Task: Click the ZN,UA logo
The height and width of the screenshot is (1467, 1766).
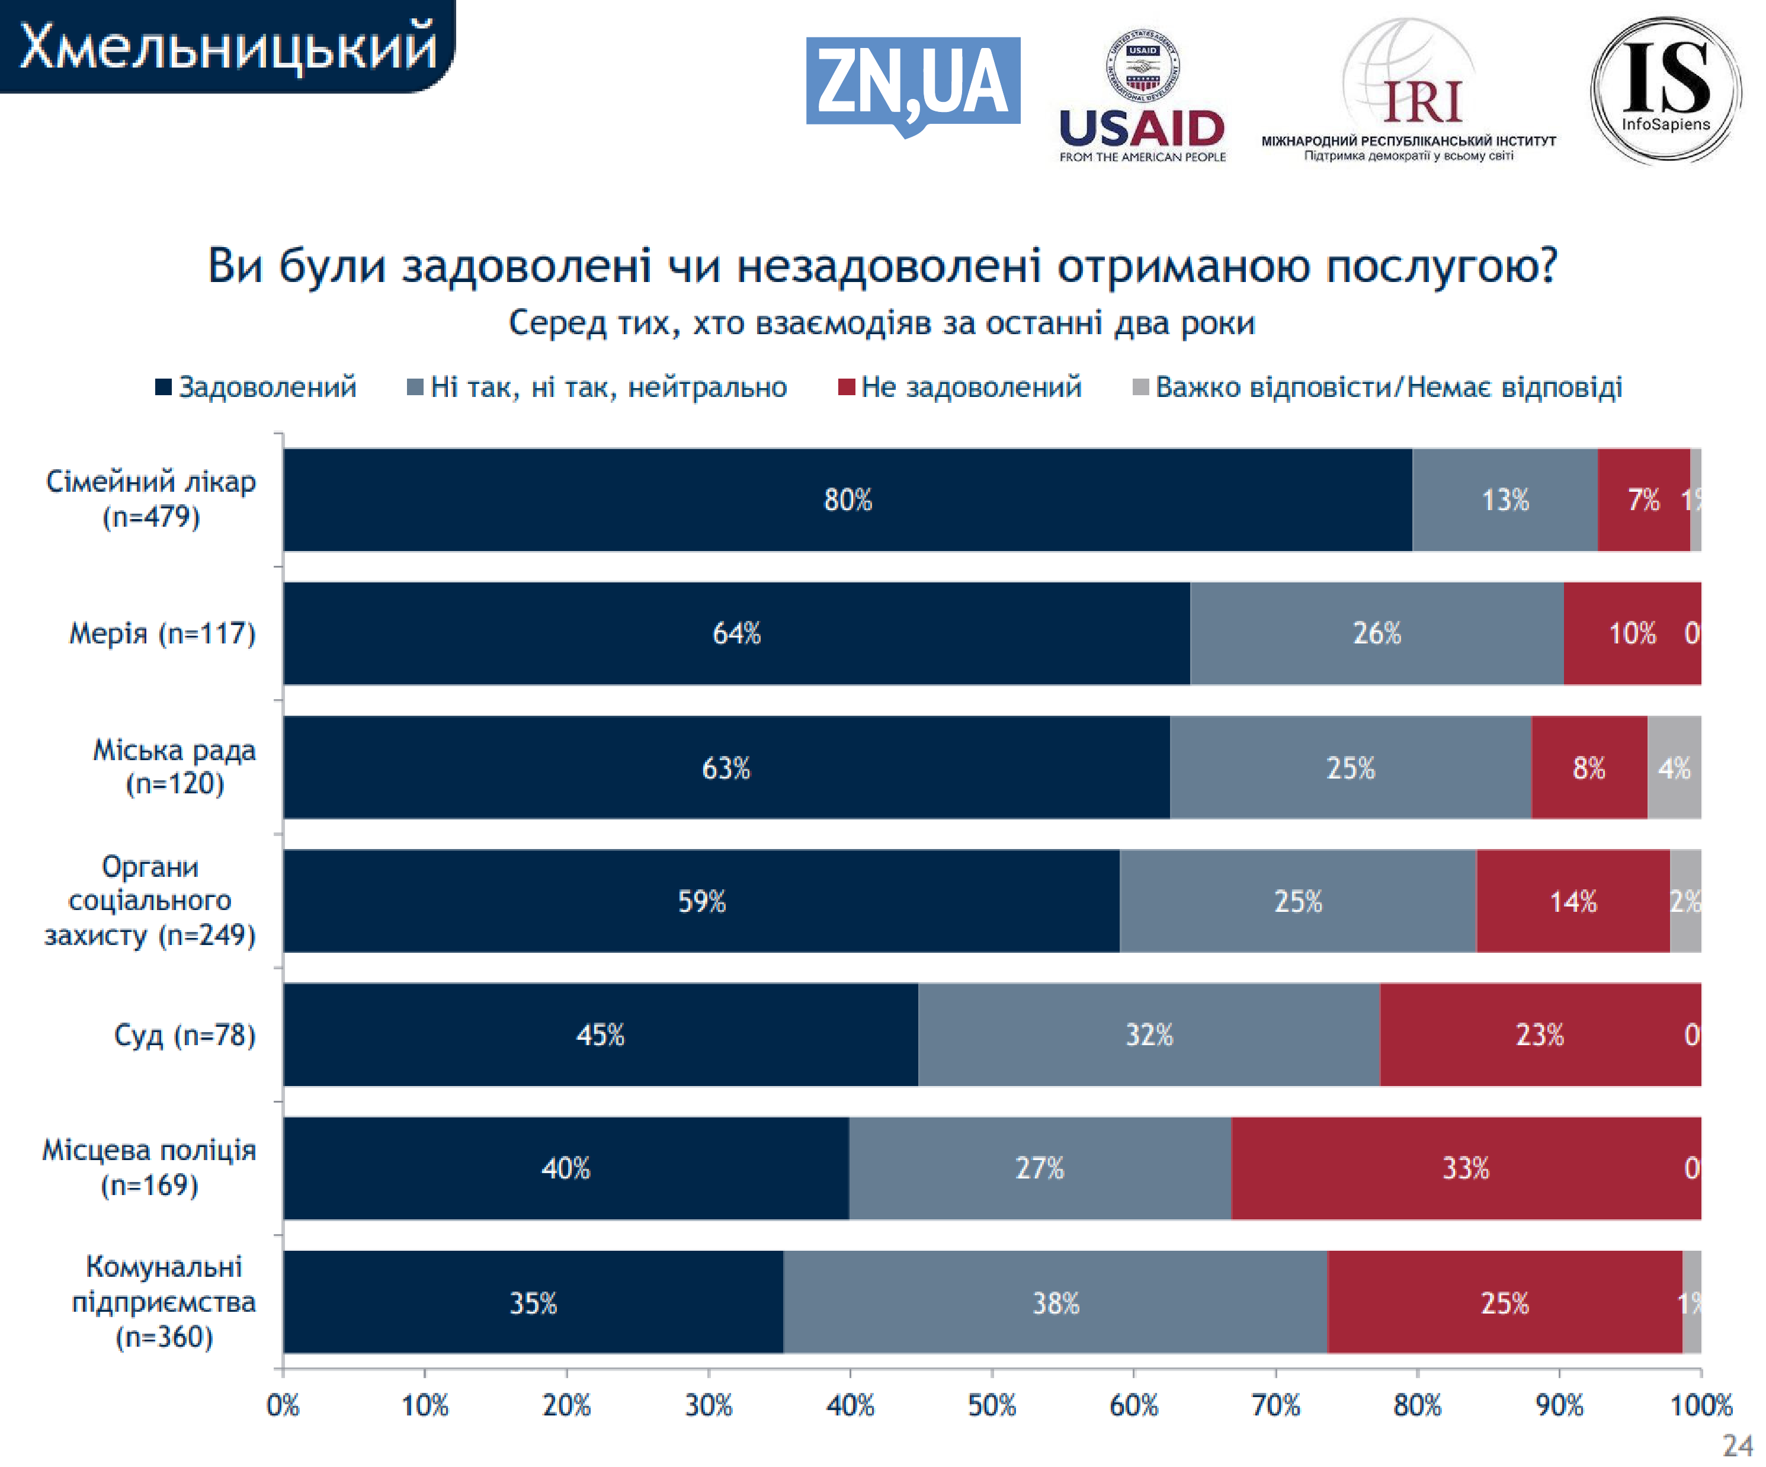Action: point(912,84)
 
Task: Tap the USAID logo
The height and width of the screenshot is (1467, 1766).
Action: point(1142,97)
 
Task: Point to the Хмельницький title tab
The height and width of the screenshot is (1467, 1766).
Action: point(227,46)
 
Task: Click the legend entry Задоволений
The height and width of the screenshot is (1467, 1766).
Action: point(256,387)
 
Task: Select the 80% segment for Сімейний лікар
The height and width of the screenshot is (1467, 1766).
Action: point(848,499)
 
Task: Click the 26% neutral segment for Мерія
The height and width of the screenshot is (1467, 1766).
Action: point(1377,633)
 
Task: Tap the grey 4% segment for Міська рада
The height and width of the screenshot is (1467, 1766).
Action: point(1674,767)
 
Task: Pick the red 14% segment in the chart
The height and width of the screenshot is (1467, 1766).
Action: point(1573,901)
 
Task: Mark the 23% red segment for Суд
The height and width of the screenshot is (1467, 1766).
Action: point(1540,1034)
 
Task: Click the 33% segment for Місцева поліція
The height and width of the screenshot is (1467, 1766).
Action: point(1466,1168)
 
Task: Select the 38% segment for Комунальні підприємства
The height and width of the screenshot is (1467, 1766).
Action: point(1056,1302)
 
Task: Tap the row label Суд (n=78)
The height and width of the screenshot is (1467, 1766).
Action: point(184,1034)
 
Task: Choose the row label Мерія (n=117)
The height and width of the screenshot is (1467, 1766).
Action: point(162,633)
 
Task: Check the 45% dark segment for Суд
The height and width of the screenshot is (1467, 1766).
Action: point(601,1034)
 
